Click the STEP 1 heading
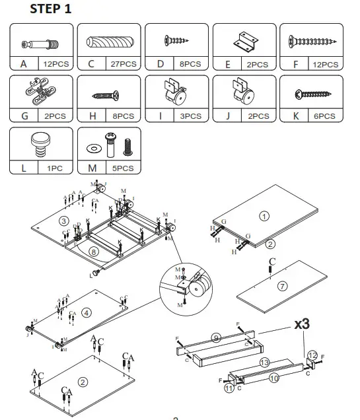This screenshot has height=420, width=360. click(x=52, y=9)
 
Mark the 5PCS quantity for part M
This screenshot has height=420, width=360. click(x=122, y=168)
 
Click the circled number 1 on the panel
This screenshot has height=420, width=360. click(x=264, y=216)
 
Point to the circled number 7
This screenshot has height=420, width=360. click(x=282, y=286)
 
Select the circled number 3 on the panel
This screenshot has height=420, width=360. click(x=63, y=220)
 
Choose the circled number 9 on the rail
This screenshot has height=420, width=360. click(x=216, y=337)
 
